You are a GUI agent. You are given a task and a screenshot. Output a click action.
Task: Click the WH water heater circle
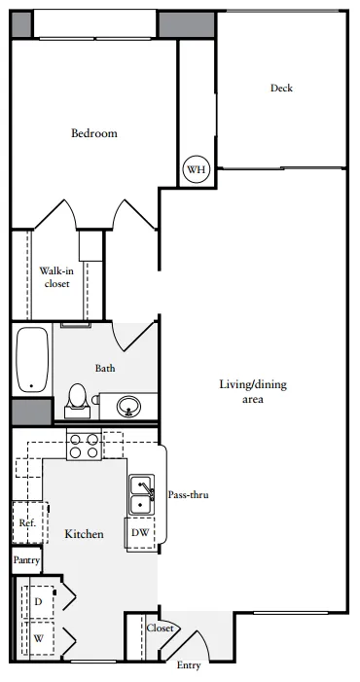[197, 169]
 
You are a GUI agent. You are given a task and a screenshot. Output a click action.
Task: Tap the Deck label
[281, 88]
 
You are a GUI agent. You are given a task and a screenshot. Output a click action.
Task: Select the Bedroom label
[94, 133]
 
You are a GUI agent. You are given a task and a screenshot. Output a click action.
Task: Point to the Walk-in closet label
[57, 277]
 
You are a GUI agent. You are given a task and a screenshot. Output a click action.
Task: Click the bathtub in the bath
[32, 359]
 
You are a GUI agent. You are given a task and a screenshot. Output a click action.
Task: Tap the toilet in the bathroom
[78, 401]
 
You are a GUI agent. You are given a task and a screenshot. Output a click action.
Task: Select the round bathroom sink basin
[128, 407]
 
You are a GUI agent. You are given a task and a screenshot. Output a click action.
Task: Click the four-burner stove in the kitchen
[84, 444]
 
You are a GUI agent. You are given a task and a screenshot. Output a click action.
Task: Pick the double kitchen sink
[141, 494]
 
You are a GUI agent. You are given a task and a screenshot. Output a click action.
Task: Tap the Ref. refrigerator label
[27, 522]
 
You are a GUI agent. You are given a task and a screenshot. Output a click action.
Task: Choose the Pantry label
[26, 559]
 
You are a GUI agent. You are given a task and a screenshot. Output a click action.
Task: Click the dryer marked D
[38, 602]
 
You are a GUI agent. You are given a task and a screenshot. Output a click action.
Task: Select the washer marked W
[38, 638]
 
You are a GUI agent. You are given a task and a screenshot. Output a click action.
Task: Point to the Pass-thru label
[188, 494]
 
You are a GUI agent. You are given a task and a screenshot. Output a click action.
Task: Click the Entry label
[189, 665]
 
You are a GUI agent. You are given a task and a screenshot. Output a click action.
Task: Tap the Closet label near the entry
[161, 628]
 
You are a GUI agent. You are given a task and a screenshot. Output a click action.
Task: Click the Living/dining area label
[253, 391]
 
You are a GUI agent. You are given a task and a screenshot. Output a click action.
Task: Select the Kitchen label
[85, 534]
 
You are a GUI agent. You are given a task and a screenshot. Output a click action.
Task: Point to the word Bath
[105, 368]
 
